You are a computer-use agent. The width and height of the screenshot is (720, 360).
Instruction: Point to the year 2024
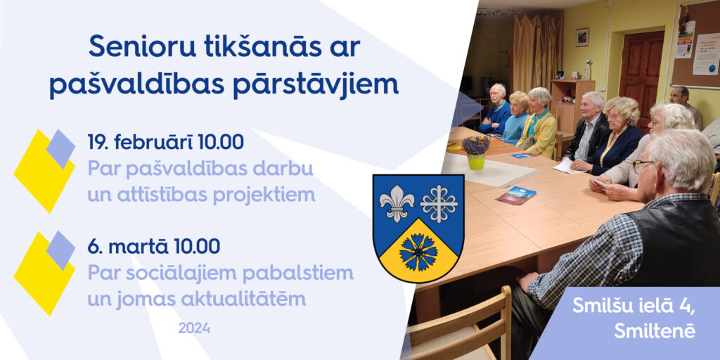click(x=194, y=328)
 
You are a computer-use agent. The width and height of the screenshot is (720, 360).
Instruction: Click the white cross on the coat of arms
click(x=439, y=202)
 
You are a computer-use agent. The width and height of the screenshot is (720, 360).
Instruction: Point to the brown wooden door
click(x=641, y=74)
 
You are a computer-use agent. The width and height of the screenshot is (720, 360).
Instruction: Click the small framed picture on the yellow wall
click(x=582, y=37)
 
